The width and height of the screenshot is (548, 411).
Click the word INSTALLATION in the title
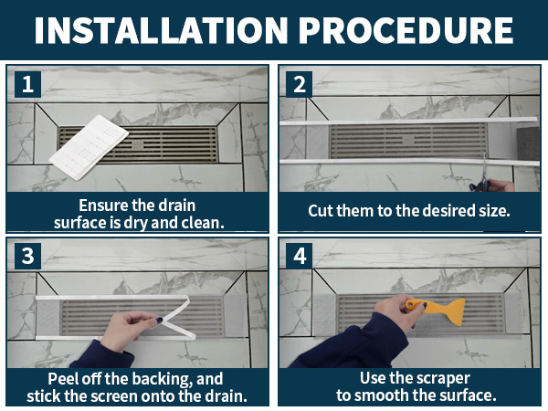tap(161, 30)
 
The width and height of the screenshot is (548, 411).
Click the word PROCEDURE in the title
tap(406, 30)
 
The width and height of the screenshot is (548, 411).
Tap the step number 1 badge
tap(28, 84)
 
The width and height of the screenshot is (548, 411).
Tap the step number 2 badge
tap(300, 84)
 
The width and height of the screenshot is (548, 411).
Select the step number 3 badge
tap(28, 256)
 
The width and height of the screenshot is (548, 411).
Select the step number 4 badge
tap(300, 256)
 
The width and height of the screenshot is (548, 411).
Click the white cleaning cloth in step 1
tap(89, 147)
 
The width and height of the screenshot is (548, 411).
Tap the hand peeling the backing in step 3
tap(130, 330)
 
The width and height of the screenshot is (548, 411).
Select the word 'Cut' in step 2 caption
tap(319, 211)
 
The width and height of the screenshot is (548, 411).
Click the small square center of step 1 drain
tap(138, 145)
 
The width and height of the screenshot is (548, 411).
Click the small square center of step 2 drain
tap(408, 141)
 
